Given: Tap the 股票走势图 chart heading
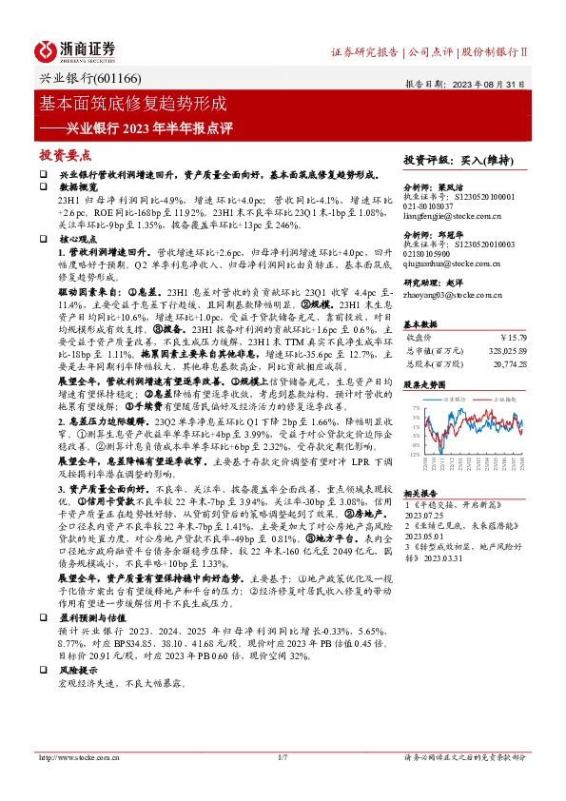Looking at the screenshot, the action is (425, 385).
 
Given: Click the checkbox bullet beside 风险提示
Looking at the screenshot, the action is (43, 696).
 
